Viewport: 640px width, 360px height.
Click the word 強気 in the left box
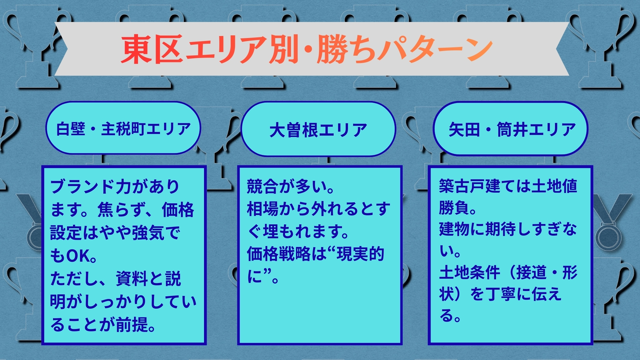pyautogui.click(x=148, y=233)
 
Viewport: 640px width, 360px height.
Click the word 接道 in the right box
pyautogui.click(x=532, y=273)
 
